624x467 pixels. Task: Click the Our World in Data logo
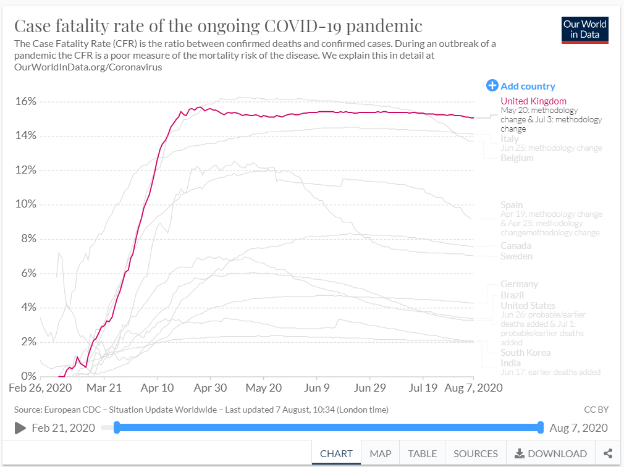click(x=585, y=29)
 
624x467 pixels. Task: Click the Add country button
click(x=521, y=86)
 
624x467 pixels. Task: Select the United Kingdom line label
click(x=533, y=101)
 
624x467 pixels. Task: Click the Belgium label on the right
click(x=516, y=158)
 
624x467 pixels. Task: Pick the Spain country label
click(x=512, y=205)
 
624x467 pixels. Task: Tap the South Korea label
click(x=525, y=353)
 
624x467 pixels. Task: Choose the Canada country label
click(x=516, y=246)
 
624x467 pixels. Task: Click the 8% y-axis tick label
click(x=28, y=239)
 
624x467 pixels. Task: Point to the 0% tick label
click(x=28, y=376)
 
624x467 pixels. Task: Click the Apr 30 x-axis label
click(x=210, y=388)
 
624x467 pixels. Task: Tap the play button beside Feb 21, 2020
click(x=20, y=428)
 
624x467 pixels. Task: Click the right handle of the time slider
click(x=541, y=427)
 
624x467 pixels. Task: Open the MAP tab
click(x=380, y=453)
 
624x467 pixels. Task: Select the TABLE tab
click(x=422, y=453)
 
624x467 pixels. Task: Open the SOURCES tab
click(x=475, y=453)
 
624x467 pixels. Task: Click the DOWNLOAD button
click(x=550, y=453)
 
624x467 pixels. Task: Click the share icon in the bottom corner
click(x=608, y=453)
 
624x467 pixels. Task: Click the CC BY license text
click(x=596, y=409)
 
